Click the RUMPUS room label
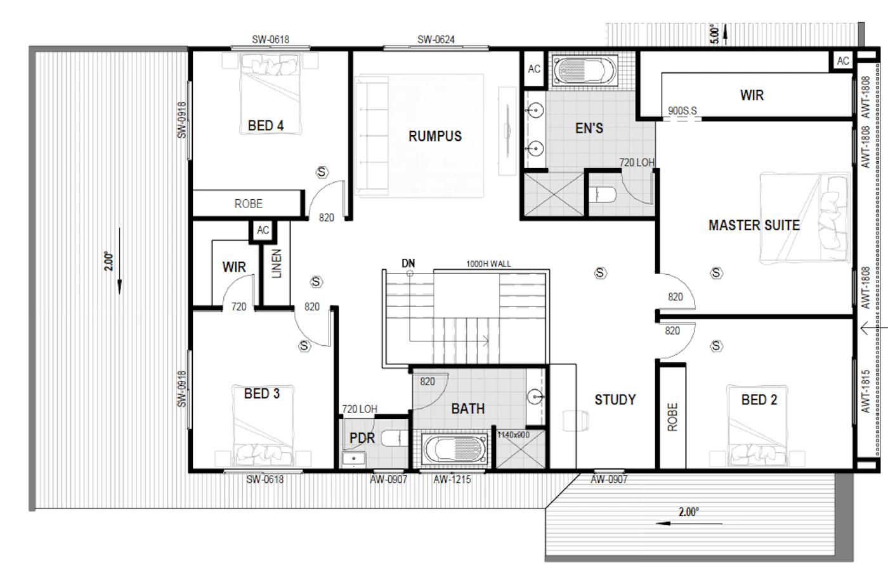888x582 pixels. click(435, 136)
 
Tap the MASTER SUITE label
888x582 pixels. click(754, 225)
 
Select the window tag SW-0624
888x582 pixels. click(436, 40)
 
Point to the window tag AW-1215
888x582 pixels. click(452, 479)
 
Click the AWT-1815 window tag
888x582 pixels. click(865, 391)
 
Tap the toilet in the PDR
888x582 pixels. click(395, 439)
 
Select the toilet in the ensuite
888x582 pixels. click(602, 195)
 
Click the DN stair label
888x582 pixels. click(408, 263)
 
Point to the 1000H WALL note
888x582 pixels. click(488, 264)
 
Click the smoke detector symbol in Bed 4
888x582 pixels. click(322, 172)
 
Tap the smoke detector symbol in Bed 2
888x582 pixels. click(716, 346)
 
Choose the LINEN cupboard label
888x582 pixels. click(277, 264)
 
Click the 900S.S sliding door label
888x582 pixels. click(682, 110)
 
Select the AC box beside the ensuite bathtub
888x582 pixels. click(534, 69)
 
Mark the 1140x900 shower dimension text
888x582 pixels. click(513, 435)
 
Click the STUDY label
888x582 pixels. click(615, 399)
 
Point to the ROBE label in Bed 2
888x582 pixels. click(672, 417)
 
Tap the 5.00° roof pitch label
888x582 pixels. click(714, 34)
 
